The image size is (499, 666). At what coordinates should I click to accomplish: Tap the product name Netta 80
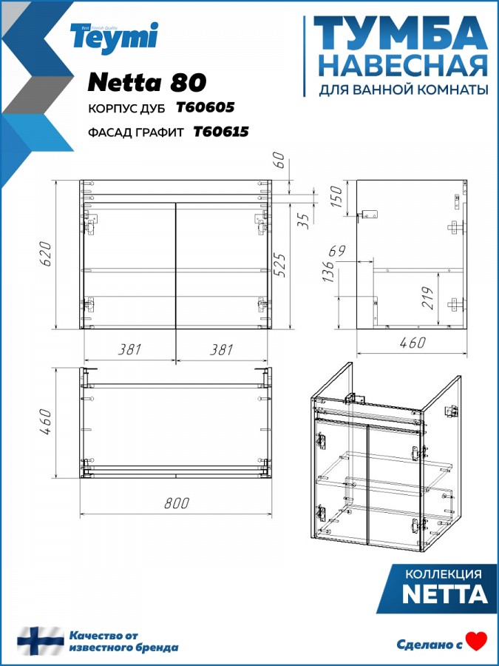147,82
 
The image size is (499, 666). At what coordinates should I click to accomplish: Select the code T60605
205,108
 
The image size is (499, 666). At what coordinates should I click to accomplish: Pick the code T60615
220,132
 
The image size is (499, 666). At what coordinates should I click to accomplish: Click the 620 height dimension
47,254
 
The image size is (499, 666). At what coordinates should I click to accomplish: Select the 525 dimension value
281,266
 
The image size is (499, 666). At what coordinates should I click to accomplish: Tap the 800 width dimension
177,503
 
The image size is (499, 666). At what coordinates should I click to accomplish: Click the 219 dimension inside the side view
429,298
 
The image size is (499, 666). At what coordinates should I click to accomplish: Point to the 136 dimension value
329,271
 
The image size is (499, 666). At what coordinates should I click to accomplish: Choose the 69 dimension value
337,251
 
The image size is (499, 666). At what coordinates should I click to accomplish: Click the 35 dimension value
305,221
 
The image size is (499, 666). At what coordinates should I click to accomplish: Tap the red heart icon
477,642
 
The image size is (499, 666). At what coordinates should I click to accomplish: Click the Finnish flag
41,641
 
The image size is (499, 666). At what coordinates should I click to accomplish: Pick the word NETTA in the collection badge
445,594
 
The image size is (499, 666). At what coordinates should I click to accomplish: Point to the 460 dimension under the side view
412,343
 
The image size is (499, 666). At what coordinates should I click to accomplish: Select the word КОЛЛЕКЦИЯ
444,574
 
